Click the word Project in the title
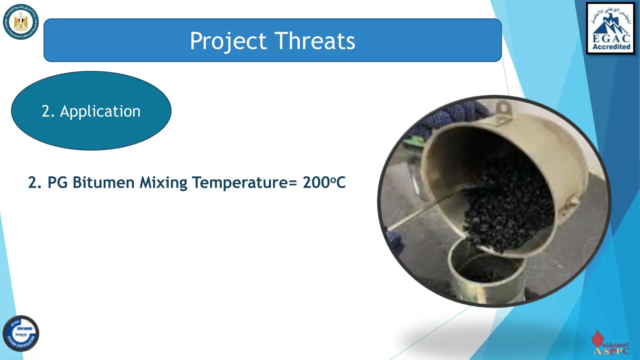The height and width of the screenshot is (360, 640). point(228,41)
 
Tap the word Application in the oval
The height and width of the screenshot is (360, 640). point(100,111)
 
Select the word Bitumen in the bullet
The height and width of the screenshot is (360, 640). point(103,182)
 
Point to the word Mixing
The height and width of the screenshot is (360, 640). point(163,182)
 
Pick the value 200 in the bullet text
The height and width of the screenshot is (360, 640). point(316,182)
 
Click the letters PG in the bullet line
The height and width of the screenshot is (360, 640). point(57,182)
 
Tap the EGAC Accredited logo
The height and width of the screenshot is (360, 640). point(611,28)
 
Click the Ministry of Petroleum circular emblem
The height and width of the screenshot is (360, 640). point(21,22)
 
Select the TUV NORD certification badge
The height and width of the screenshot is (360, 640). point(21,333)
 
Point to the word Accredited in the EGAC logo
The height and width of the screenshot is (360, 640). point(611,47)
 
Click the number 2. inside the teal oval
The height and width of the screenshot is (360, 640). point(48,111)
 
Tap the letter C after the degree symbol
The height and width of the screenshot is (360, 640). point(341,182)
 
